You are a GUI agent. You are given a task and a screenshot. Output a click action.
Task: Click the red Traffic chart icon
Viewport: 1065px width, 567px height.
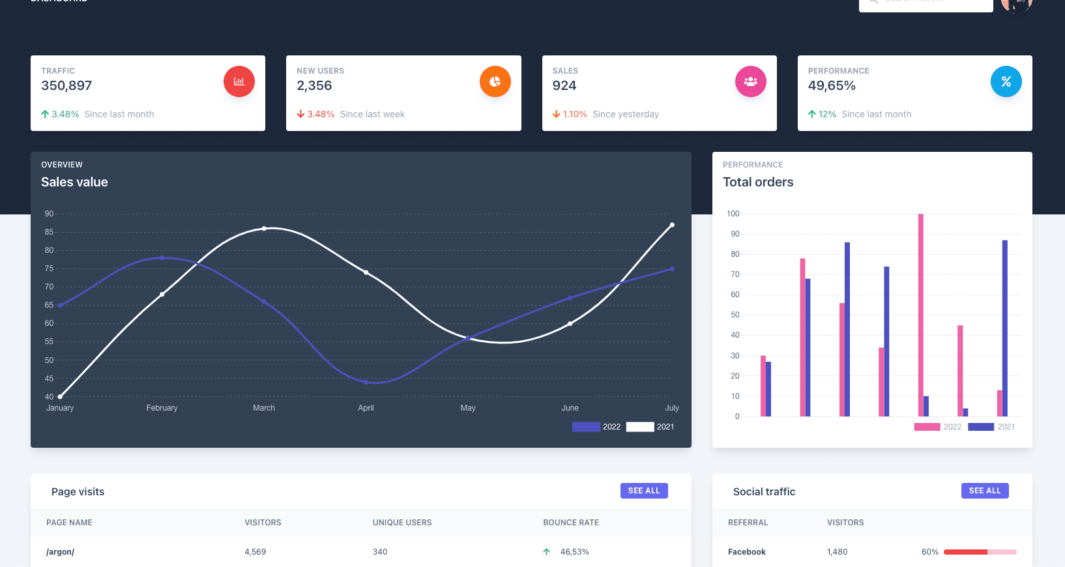(239, 81)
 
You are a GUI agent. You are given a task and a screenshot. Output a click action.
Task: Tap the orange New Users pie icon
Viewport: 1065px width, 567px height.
(495, 81)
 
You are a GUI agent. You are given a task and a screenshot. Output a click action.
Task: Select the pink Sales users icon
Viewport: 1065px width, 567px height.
(751, 81)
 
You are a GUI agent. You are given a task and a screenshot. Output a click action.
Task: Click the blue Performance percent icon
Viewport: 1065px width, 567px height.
(1006, 81)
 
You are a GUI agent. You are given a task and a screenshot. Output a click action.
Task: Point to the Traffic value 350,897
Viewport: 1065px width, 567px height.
(66, 85)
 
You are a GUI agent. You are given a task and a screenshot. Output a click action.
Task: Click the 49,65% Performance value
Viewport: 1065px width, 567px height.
(832, 85)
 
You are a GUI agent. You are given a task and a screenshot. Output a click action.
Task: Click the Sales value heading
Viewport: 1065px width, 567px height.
(74, 182)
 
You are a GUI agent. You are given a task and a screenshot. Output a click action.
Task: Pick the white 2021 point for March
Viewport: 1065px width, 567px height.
(264, 229)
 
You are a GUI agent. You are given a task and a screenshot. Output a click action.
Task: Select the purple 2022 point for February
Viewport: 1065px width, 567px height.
(162, 258)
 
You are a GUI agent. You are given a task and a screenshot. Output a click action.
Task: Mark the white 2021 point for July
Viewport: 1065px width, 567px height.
(672, 225)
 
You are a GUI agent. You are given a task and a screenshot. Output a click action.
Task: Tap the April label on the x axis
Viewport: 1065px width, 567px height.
(366, 408)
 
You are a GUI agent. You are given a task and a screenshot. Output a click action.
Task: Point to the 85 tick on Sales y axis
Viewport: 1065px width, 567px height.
(50, 232)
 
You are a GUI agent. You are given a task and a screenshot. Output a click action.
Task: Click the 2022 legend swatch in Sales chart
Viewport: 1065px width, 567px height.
(586, 427)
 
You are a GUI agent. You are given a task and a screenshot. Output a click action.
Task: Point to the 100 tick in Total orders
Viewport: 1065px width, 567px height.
(733, 214)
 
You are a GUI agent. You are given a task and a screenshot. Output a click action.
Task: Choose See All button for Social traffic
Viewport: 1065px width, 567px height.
(985, 491)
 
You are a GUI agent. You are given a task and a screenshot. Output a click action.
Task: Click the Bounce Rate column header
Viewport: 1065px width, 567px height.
(571, 523)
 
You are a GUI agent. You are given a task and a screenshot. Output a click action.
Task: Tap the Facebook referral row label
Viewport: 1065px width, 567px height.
(747, 552)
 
